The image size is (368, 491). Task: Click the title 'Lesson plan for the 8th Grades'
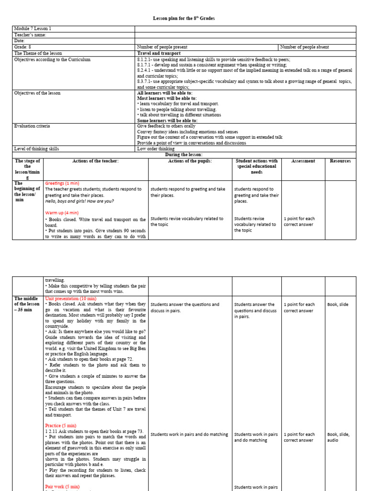[x=184, y=18]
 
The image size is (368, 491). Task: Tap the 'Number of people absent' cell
[x=304, y=47]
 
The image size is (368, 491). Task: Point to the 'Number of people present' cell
[x=162, y=47]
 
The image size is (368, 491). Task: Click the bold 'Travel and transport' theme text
[x=159, y=53]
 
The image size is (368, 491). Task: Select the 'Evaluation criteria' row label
[x=32, y=126]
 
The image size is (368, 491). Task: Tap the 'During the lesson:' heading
[x=184, y=154]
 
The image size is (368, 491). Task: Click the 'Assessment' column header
[x=303, y=161]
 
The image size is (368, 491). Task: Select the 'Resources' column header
[x=340, y=161]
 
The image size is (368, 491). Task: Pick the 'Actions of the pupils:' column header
[x=190, y=161]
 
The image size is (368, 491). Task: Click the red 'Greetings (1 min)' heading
[x=62, y=183]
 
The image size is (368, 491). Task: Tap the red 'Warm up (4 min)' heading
[x=62, y=212]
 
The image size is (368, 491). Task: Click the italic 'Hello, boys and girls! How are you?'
[x=80, y=201]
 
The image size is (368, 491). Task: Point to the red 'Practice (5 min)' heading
[x=61, y=425]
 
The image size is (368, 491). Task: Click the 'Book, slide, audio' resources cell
[x=338, y=437]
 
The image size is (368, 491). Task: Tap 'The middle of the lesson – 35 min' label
[x=27, y=304]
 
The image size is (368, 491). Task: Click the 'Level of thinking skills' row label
[x=37, y=149]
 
